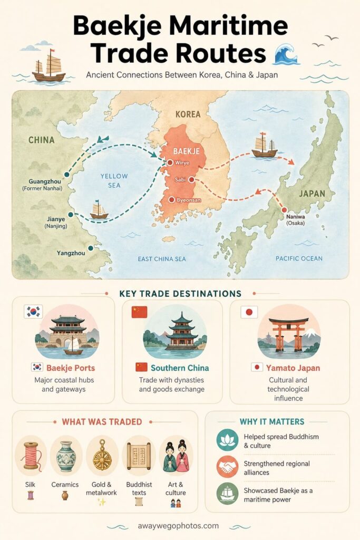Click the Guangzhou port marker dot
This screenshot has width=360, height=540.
click(x=66, y=175)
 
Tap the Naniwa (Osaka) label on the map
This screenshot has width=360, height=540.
click(x=295, y=219)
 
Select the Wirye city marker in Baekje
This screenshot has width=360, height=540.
click(x=170, y=163)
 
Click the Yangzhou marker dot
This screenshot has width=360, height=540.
click(x=91, y=248)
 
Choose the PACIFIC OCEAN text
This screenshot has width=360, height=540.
click(x=299, y=258)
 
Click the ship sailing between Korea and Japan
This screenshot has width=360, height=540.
click(x=264, y=146)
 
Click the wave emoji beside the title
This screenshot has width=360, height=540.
click(x=287, y=53)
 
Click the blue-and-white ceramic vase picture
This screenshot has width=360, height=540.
click(x=66, y=456)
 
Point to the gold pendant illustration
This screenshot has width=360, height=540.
click(x=102, y=455)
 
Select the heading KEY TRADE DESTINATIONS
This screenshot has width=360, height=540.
click(x=180, y=294)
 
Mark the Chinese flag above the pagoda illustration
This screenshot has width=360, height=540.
click(x=139, y=312)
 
